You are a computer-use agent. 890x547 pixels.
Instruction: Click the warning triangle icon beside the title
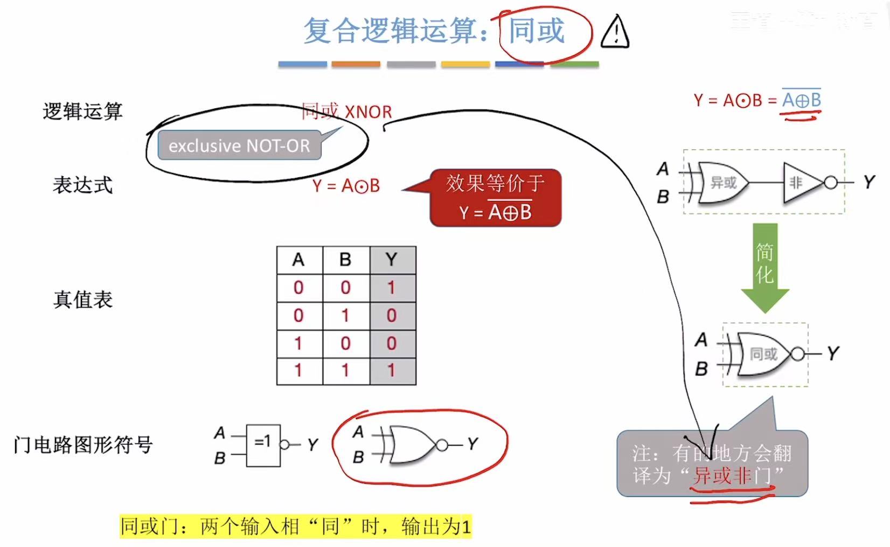[x=615, y=32]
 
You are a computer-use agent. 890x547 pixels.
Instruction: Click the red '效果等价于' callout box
[x=495, y=198]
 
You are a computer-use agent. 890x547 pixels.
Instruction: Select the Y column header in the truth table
[x=392, y=260]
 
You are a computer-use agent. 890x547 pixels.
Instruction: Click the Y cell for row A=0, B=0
[x=392, y=288]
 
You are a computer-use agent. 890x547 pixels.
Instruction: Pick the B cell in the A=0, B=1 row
[x=345, y=315]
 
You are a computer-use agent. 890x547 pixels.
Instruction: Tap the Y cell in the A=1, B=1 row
[x=392, y=370]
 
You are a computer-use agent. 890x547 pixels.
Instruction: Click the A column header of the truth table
[x=298, y=260]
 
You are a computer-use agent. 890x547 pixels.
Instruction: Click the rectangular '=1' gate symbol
[x=263, y=445]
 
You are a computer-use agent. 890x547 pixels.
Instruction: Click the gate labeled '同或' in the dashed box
[x=764, y=354]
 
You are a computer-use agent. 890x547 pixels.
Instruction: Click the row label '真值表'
[x=83, y=300]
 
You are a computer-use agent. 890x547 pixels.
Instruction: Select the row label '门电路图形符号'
[x=83, y=445]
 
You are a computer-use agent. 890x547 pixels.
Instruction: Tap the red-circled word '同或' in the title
[x=537, y=31]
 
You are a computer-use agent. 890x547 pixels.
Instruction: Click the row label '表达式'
[x=82, y=185]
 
